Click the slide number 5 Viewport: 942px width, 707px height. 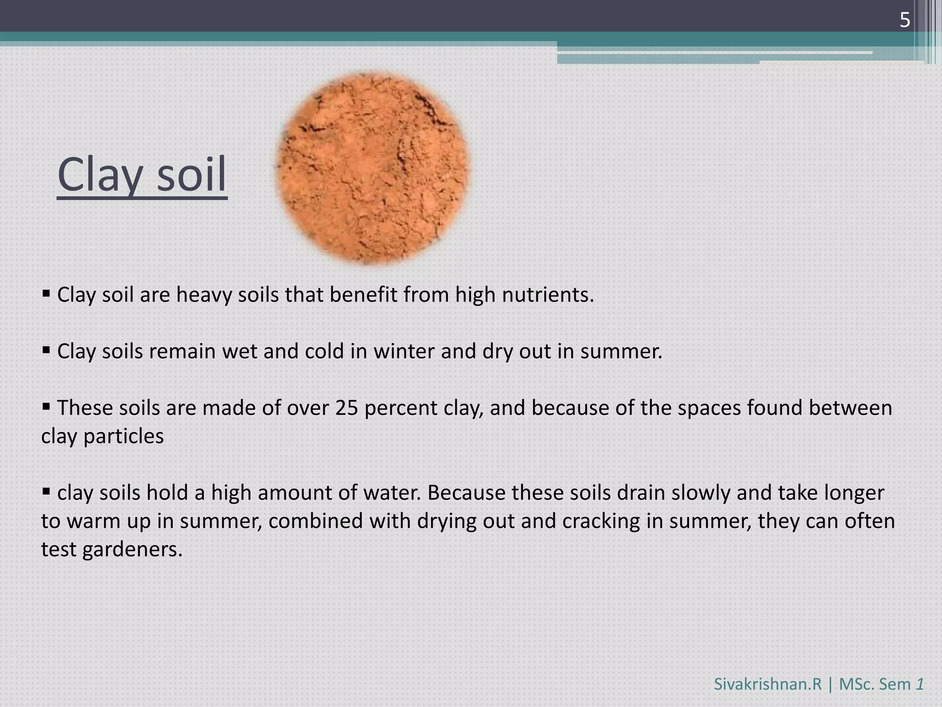pos(905,20)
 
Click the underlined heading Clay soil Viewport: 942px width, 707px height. pos(142,175)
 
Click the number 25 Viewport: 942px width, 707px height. pos(347,408)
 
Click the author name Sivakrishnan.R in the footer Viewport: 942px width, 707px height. pos(767,684)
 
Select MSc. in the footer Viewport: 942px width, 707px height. pos(856,684)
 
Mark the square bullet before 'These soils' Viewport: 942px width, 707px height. pos(46,406)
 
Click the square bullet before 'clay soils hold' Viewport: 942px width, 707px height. pos(46,491)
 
